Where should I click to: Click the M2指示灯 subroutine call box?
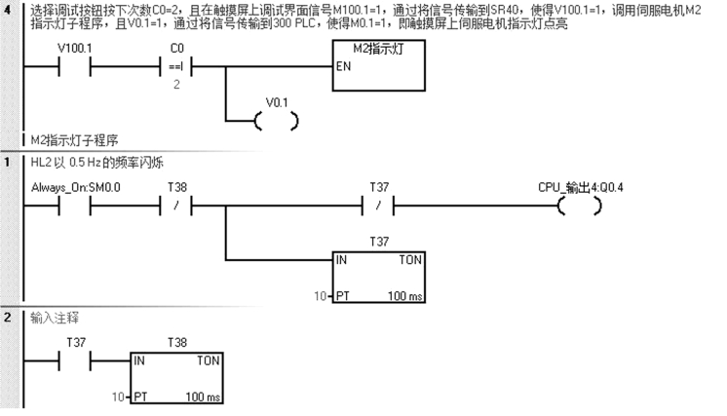tap(379, 66)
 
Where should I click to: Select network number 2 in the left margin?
tap(9, 318)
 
